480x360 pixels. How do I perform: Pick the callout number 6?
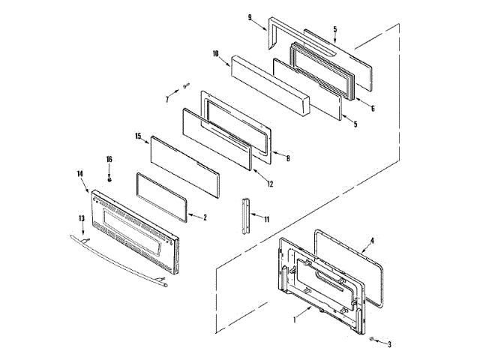371,108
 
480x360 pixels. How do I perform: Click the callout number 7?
167,98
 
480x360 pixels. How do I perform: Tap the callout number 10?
215,54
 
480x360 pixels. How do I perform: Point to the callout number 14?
79,174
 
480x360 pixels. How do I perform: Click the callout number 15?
137,136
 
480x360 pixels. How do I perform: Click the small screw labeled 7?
186,87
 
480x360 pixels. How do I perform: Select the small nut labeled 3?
373,340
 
